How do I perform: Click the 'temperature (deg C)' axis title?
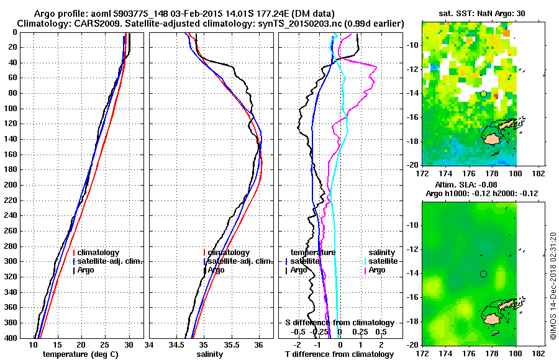tap(81, 354)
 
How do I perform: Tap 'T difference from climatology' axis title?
tap(339, 354)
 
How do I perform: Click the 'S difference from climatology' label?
tap(339, 323)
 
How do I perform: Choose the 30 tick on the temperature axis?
tap(129, 344)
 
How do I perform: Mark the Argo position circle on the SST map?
tap(483, 94)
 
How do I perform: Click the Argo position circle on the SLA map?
tap(483, 274)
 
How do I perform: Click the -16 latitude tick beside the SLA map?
tap(411, 297)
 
